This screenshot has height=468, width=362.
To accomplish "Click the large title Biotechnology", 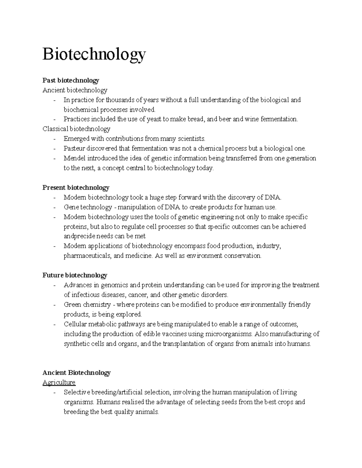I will [94, 54].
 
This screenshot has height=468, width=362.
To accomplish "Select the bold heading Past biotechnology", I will [71, 80].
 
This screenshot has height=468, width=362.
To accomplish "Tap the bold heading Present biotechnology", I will [76, 188].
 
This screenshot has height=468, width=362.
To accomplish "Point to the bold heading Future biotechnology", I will [75, 275].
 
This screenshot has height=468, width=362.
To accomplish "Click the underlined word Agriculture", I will [59, 382].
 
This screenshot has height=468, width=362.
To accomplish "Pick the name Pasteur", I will [74, 149].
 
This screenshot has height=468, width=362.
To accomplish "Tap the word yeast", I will [154, 119].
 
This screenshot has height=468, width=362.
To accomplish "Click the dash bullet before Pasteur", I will [54, 149].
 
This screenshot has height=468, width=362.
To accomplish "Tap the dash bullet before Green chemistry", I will [54, 305].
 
